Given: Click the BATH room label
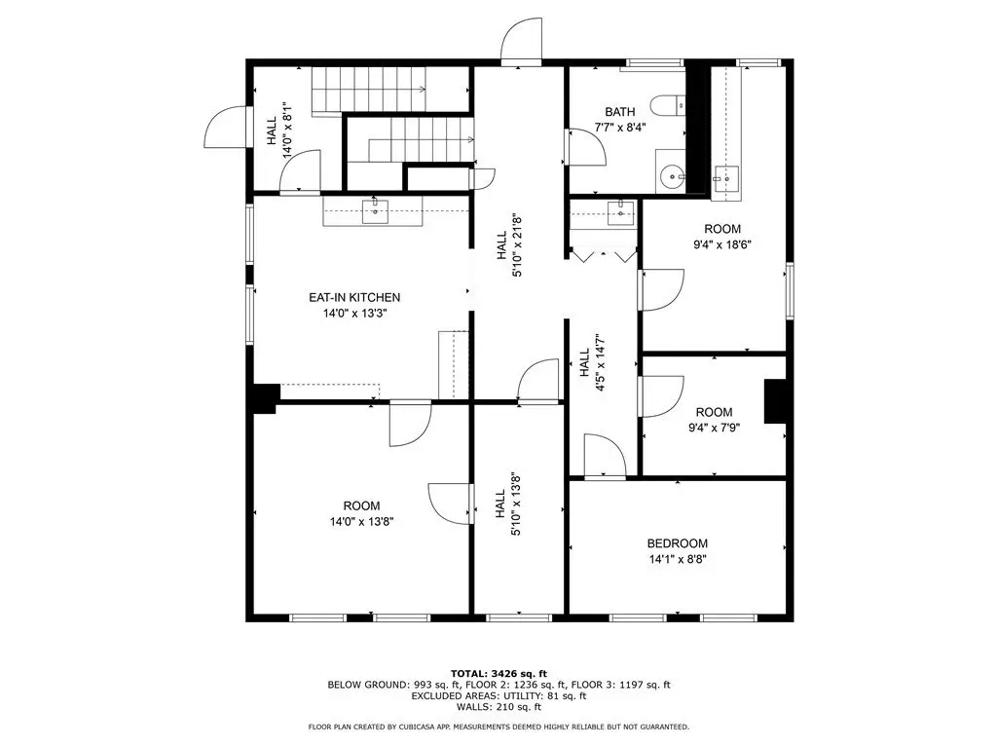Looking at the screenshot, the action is coord(619,112).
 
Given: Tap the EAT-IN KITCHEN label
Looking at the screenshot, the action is coord(354,297).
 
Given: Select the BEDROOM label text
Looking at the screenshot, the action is coord(678,543).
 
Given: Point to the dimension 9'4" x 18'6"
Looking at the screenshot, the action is coord(722,244).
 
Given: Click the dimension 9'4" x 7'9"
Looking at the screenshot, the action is coord(714,428).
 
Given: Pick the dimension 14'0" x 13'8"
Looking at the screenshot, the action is coord(362,522).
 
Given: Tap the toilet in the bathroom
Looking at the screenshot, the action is coord(668,105).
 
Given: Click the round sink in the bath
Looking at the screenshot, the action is coord(672,177).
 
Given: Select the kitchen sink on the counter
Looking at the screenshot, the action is coord(375,211).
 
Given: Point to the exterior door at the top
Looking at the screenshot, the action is coord(522,41).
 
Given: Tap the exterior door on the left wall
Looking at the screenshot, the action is coord(226,127).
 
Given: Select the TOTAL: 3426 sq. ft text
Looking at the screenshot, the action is coord(498,673).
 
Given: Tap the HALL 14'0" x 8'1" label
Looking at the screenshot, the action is coord(279,130).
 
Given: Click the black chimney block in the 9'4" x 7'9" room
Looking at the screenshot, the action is coord(775,401).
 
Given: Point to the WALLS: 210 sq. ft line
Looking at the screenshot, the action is coord(498,707).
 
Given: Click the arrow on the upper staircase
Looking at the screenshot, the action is coord(422,90).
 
